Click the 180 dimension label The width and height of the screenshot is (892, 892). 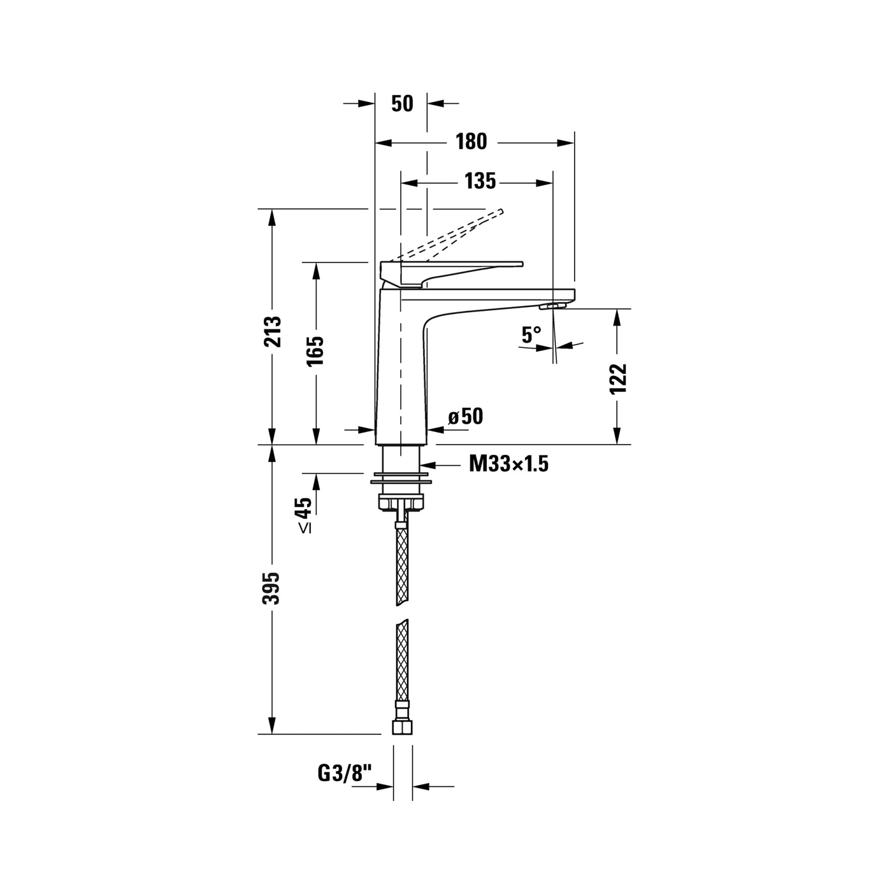click(x=471, y=141)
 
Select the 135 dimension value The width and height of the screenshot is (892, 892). click(x=480, y=182)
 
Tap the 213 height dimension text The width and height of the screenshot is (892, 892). click(x=272, y=331)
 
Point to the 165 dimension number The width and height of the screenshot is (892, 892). click(x=315, y=350)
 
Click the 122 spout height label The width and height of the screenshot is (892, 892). click(x=618, y=378)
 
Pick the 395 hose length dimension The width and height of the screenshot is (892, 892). click(x=271, y=588)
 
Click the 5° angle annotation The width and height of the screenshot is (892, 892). click(x=531, y=334)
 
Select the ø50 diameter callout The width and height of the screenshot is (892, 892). click(x=466, y=416)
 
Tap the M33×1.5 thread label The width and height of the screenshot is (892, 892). click(x=508, y=463)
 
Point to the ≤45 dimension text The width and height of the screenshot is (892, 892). click(x=304, y=515)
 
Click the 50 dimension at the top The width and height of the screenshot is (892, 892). click(x=402, y=104)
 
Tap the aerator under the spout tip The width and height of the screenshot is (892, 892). click(x=552, y=306)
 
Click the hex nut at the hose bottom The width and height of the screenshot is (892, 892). click(x=402, y=727)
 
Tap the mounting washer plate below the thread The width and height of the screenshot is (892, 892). click(x=401, y=482)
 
